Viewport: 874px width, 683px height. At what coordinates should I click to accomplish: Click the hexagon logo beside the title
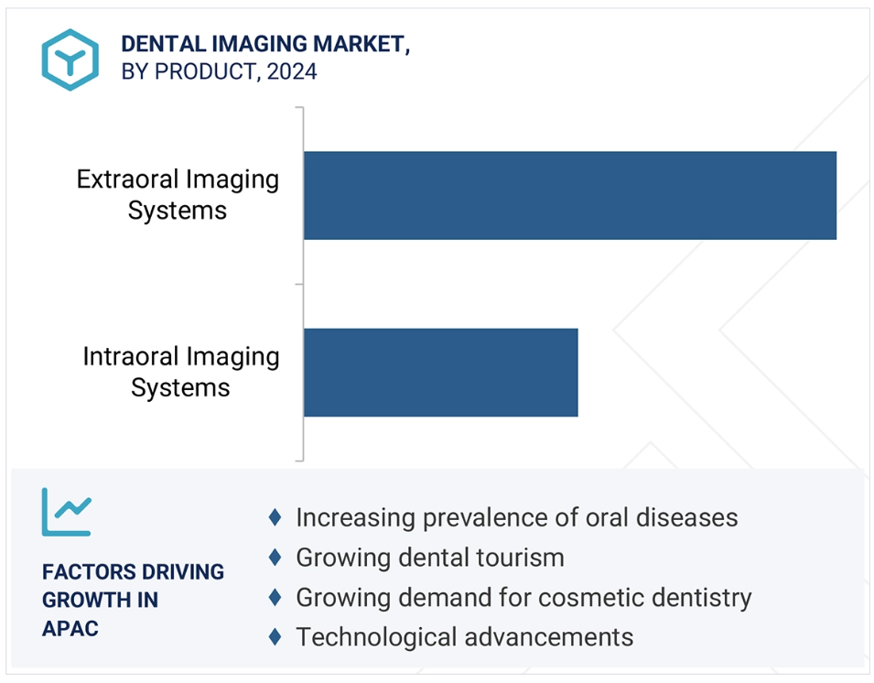(x=70, y=60)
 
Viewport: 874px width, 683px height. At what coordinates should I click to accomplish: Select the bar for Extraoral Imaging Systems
(x=569, y=195)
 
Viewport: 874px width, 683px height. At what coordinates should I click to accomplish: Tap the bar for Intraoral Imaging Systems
(x=441, y=373)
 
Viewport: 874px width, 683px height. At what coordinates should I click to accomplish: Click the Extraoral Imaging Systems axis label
(x=178, y=195)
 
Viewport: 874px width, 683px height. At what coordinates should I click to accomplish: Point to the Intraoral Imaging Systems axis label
(x=180, y=372)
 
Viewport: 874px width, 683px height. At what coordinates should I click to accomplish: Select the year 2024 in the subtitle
(x=292, y=71)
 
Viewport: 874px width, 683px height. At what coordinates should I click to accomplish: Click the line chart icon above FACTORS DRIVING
(x=66, y=512)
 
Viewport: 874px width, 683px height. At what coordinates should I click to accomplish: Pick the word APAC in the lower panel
(x=70, y=628)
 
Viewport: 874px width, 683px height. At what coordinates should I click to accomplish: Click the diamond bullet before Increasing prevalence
(x=275, y=517)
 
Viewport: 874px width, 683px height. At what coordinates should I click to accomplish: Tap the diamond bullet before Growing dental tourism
(x=275, y=557)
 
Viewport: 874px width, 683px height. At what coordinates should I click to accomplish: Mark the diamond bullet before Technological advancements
(x=275, y=636)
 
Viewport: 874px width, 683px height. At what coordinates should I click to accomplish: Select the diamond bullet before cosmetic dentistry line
(x=275, y=597)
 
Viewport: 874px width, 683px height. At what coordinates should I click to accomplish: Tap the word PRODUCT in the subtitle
(x=204, y=71)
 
